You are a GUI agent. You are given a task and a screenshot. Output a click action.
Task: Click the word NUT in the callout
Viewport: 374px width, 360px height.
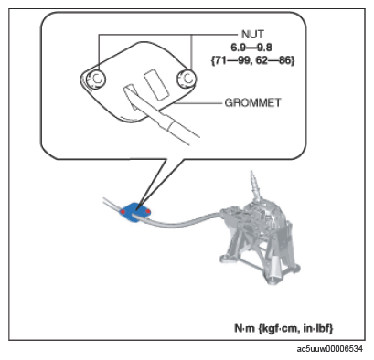(x=252, y=35)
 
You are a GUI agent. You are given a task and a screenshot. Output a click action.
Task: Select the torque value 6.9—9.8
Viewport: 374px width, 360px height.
(x=251, y=48)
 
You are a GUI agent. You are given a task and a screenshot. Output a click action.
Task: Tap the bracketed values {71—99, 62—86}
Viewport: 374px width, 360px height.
(x=252, y=60)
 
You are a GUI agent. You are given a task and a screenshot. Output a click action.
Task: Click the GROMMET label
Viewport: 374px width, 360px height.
(x=252, y=102)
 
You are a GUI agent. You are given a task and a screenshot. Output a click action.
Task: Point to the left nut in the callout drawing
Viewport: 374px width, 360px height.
(x=96, y=79)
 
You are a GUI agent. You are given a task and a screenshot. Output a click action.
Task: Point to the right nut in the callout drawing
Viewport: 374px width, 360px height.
(x=187, y=79)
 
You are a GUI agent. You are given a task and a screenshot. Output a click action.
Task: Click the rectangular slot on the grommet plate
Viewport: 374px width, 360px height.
(x=156, y=85)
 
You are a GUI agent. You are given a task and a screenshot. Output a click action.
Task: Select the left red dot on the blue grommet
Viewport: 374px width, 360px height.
(x=123, y=212)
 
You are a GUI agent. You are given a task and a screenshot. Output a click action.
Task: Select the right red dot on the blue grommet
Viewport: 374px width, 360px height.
(x=148, y=211)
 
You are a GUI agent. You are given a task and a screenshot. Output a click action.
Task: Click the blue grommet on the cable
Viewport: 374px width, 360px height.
(x=134, y=212)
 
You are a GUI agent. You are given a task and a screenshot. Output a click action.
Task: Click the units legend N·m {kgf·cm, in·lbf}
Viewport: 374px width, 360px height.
(x=283, y=328)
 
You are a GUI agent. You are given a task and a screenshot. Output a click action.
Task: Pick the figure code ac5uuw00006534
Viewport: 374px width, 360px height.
(x=330, y=349)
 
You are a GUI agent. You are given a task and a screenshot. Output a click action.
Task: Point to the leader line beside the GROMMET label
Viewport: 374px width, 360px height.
(x=198, y=104)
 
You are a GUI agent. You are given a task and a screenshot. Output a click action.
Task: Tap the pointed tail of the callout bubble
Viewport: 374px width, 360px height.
(x=138, y=208)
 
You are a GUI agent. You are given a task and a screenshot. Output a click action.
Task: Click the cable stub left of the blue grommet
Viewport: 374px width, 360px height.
(x=112, y=204)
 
